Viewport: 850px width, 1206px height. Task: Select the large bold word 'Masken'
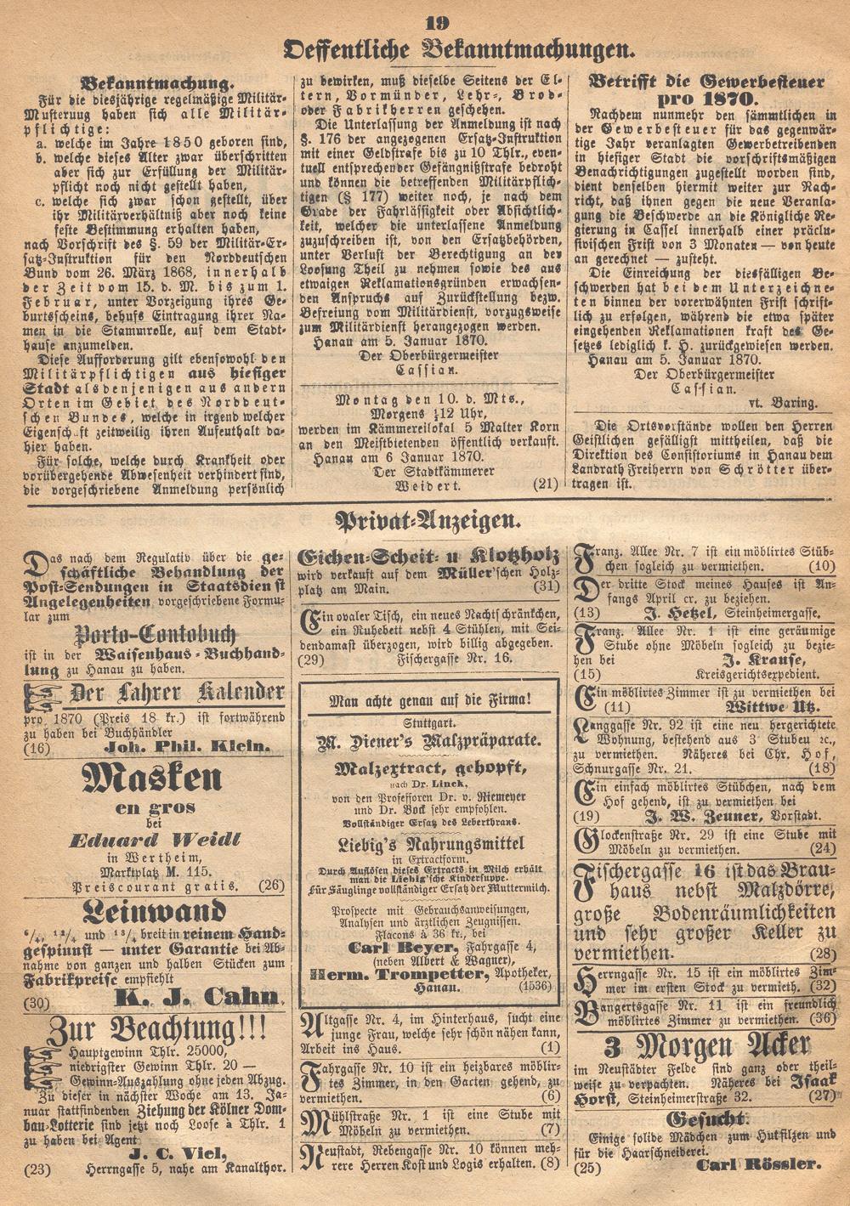coord(154,778)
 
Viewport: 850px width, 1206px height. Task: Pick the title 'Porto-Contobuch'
coord(153,634)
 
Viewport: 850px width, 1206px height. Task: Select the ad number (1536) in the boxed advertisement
coord(533,987)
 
